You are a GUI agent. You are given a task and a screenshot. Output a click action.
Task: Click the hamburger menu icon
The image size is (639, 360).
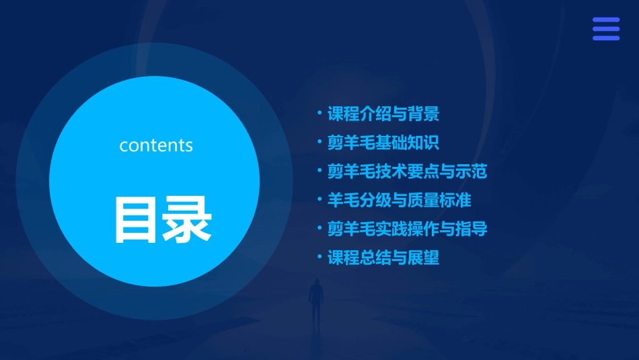pos(606,29)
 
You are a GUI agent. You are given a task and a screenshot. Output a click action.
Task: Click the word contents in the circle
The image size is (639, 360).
pos(156,145)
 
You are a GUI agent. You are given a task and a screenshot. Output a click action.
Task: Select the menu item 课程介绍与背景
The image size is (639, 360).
pos(383,114)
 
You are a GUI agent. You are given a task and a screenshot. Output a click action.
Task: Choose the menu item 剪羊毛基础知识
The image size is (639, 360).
pos(383,143)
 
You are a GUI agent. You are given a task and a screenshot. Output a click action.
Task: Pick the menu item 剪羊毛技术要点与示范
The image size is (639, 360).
pos(407,171)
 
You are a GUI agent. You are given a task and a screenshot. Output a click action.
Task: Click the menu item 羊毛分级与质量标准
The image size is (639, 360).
pos(399,200)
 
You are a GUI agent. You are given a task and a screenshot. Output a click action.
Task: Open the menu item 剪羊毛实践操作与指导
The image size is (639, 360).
pos(407,229)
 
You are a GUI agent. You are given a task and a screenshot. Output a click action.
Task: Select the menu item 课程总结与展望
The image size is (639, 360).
pos(383,258)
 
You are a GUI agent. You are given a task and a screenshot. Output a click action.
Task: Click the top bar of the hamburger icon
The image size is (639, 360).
pos(606,20)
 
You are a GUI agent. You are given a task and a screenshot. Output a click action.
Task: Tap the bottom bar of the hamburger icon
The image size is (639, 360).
pos(606,38)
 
